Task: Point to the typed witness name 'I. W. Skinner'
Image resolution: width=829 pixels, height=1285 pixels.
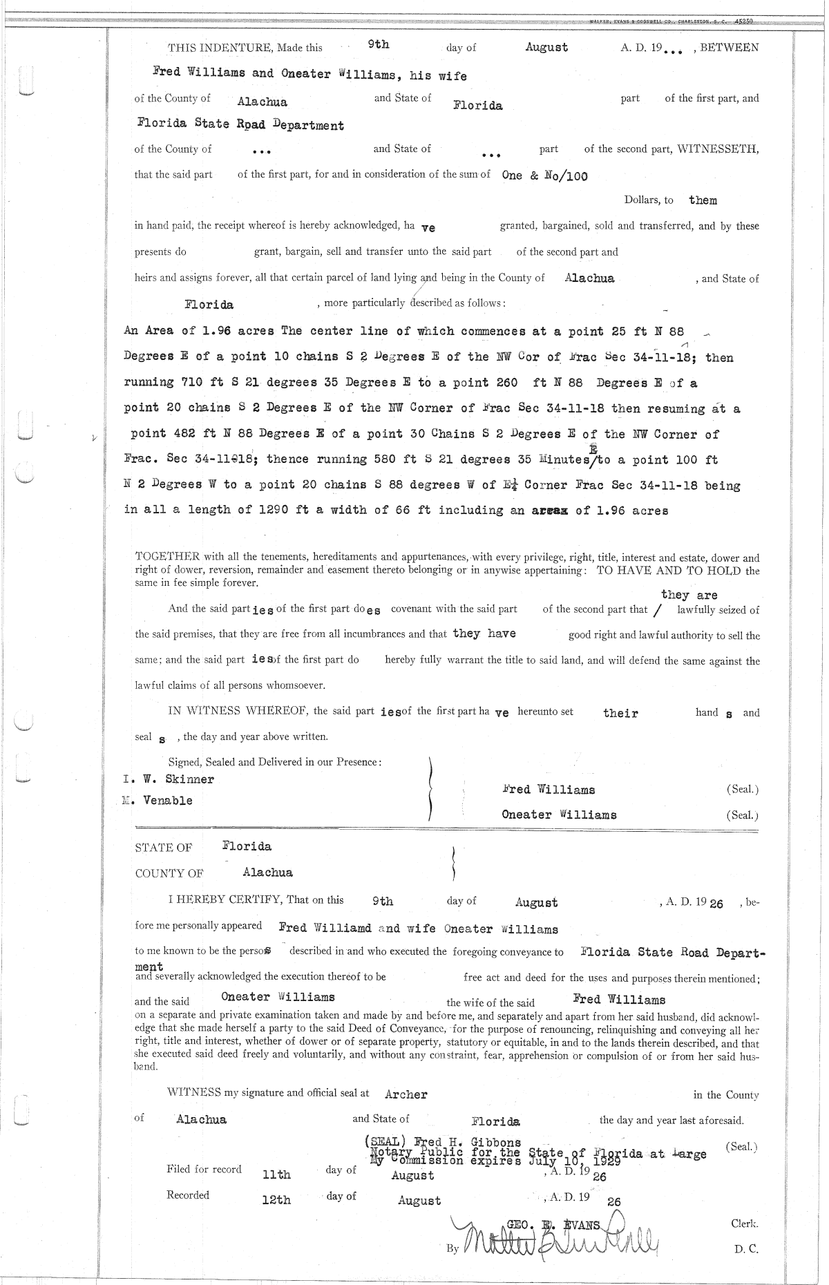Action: (169, 779)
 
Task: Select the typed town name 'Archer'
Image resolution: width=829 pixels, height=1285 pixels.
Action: (406, 1094)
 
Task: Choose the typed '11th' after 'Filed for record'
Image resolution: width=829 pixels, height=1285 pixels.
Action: (277, 1174)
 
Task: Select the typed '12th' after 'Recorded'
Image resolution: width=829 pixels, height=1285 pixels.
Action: (276, 1200)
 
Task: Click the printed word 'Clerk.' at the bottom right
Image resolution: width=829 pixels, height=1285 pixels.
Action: (744, 1223)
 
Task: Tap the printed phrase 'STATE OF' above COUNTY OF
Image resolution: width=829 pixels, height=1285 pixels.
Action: (164, 848)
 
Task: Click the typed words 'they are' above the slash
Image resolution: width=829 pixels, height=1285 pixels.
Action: (689, 595)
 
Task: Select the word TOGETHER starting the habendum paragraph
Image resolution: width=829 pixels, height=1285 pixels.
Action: (167, 558)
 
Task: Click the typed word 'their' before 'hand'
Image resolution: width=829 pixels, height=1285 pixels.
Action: (620, 713)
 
